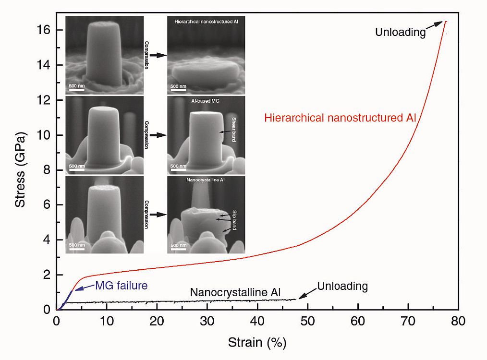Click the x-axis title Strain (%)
pos(257,343)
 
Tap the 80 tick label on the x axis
pos(458,321)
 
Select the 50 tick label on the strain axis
pos(307,321)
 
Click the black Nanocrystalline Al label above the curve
pos(235,292)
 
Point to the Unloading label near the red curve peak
pos(401,33)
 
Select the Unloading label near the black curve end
pos(342,287)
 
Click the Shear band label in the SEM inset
pos(233,123)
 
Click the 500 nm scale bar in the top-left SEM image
pos(77,88)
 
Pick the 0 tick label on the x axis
pos(57,321)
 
